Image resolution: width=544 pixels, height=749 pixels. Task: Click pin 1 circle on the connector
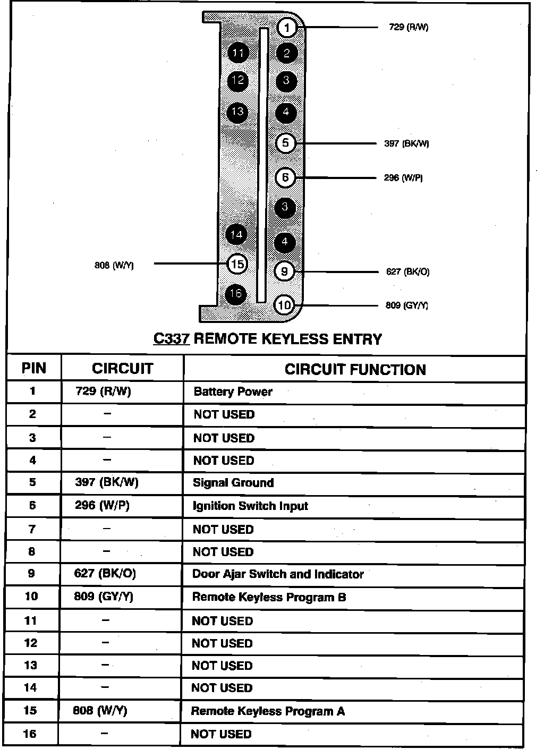pos(287,28)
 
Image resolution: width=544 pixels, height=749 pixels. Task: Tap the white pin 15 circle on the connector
pos(237,263)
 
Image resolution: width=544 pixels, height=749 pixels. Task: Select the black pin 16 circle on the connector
pos(236,294)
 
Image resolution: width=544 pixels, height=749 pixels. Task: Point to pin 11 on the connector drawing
pos(237,53)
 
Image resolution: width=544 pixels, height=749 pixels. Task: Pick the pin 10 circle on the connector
pos(284,305)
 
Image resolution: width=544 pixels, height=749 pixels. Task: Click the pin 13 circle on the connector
pos(237,112)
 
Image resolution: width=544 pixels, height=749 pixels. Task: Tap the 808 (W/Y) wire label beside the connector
pos(114,265)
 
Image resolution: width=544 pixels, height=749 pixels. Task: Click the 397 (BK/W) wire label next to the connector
pos(406,143)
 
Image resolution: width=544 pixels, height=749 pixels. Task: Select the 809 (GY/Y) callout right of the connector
pos(406,305)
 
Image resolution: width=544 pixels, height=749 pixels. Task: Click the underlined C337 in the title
pos(171,339)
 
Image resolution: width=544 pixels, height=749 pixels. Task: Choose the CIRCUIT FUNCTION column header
pos(355,369)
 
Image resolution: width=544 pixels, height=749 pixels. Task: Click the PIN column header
pos(34,368)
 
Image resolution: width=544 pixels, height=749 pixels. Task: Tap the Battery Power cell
pos(233,392)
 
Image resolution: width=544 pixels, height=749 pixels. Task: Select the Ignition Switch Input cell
pos(250,506)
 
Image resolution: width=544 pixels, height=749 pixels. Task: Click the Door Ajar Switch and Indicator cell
pos(278,574)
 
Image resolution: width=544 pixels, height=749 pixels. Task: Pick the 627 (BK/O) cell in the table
pos(105,574)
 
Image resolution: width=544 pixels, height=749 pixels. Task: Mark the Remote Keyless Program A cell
pos(268,711)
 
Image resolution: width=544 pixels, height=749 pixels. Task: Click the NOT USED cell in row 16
pos(221,734)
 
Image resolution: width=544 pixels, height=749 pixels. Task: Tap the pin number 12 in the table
pos(31,643)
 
